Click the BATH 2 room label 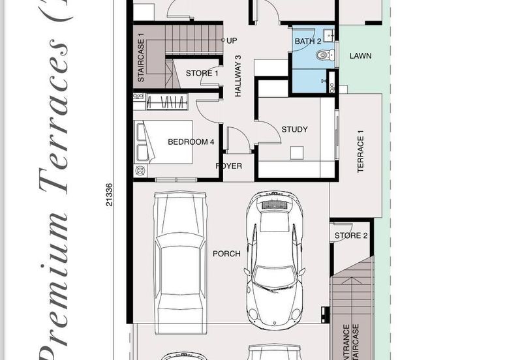point(309,41)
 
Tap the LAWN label point(360,56)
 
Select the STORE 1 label point(202,73)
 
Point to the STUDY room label point(294,129)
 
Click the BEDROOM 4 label point(191,142)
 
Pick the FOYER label point(229,166)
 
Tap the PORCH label point(226,254)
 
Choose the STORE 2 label point(351,235)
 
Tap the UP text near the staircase point(232,40)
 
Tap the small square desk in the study point(298,153)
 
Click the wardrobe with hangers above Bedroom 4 point(166,102)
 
